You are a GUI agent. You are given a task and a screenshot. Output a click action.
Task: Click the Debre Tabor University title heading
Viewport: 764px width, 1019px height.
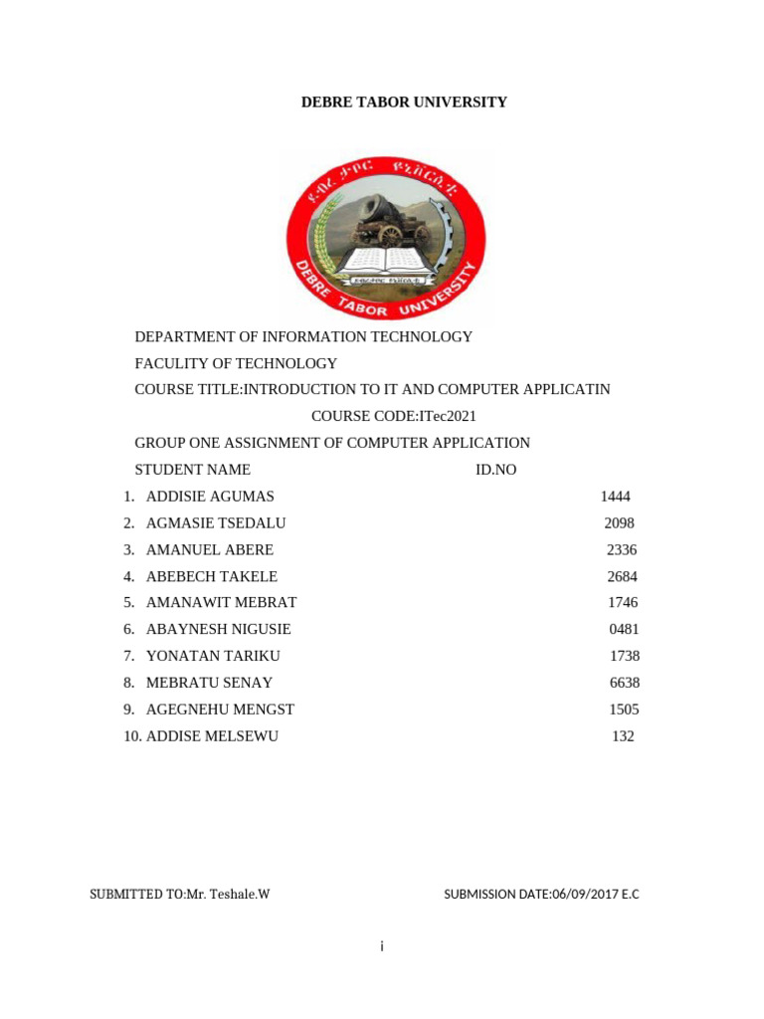[x=404, y=102]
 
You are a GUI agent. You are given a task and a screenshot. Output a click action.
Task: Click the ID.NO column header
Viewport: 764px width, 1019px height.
[x=496, y=470]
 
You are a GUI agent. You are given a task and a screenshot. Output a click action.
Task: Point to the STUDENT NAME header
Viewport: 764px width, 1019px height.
[x=192, y=470]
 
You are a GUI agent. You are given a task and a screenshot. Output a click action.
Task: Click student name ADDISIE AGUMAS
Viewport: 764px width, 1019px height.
[x=210, y=497]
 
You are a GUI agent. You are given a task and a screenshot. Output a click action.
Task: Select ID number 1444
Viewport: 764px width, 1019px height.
[x=616, y=497]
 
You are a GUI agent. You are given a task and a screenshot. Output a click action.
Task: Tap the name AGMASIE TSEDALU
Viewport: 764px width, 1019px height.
[x=216, y=523]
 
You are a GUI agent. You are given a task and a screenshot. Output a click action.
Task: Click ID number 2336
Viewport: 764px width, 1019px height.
[x=622, y=550]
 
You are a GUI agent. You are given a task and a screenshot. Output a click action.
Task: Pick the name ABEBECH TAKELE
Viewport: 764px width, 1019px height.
[x=212, y=576]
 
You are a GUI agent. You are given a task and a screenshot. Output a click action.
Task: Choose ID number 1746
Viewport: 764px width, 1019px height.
[x=623, y=603]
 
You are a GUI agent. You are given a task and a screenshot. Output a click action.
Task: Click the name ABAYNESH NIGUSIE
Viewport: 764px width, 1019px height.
[x=219, y=630]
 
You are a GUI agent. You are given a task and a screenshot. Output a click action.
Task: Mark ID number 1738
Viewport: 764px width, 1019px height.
[x=625, y=656]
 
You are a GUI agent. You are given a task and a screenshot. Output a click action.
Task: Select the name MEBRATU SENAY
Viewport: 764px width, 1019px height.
[x=209, y=683]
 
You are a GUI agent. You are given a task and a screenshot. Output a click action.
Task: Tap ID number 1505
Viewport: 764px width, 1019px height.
[x=624, y=710]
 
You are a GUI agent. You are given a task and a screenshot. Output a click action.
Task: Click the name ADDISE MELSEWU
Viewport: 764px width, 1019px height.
[x=212, y=736]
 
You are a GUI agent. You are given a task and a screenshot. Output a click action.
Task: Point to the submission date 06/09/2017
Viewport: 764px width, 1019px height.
[x=586, y=895]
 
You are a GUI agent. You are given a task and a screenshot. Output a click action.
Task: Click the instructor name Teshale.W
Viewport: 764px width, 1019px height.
[x=239, y=895]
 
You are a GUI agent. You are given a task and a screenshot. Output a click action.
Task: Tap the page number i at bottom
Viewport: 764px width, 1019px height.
[x=381, y=946]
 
